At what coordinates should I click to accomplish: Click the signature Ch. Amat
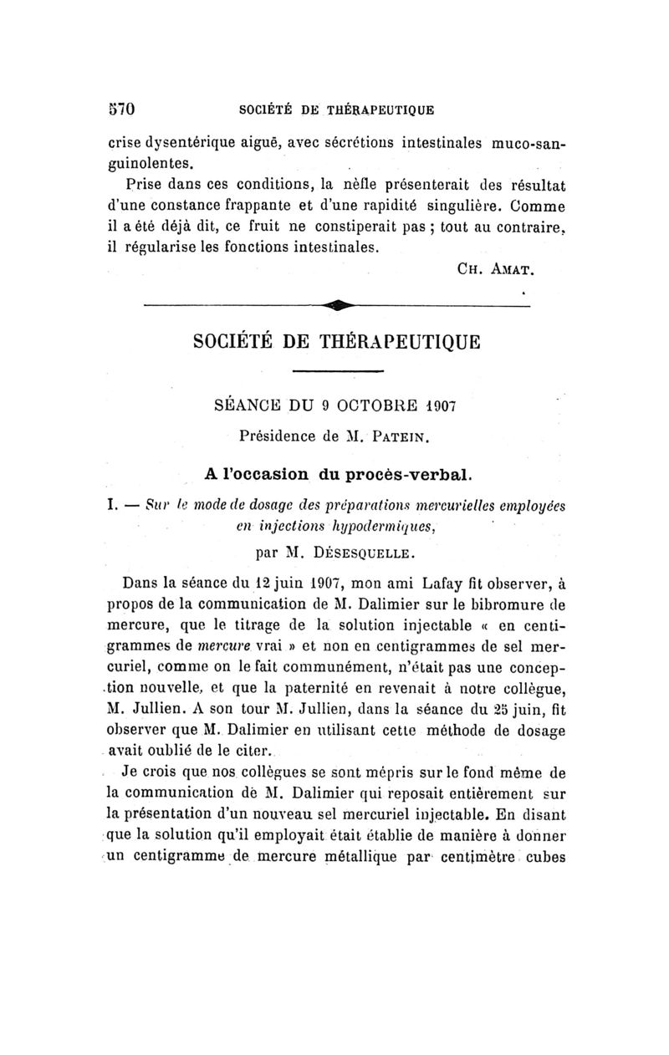click(x=496, y=270)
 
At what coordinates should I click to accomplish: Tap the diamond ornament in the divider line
click(x=338, y=306)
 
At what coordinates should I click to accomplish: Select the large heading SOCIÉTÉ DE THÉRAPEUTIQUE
click(x=338, y=343)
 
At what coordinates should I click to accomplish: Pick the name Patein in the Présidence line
click(x=404, y=436)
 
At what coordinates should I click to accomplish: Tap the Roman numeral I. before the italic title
click(x=113, y=504)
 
